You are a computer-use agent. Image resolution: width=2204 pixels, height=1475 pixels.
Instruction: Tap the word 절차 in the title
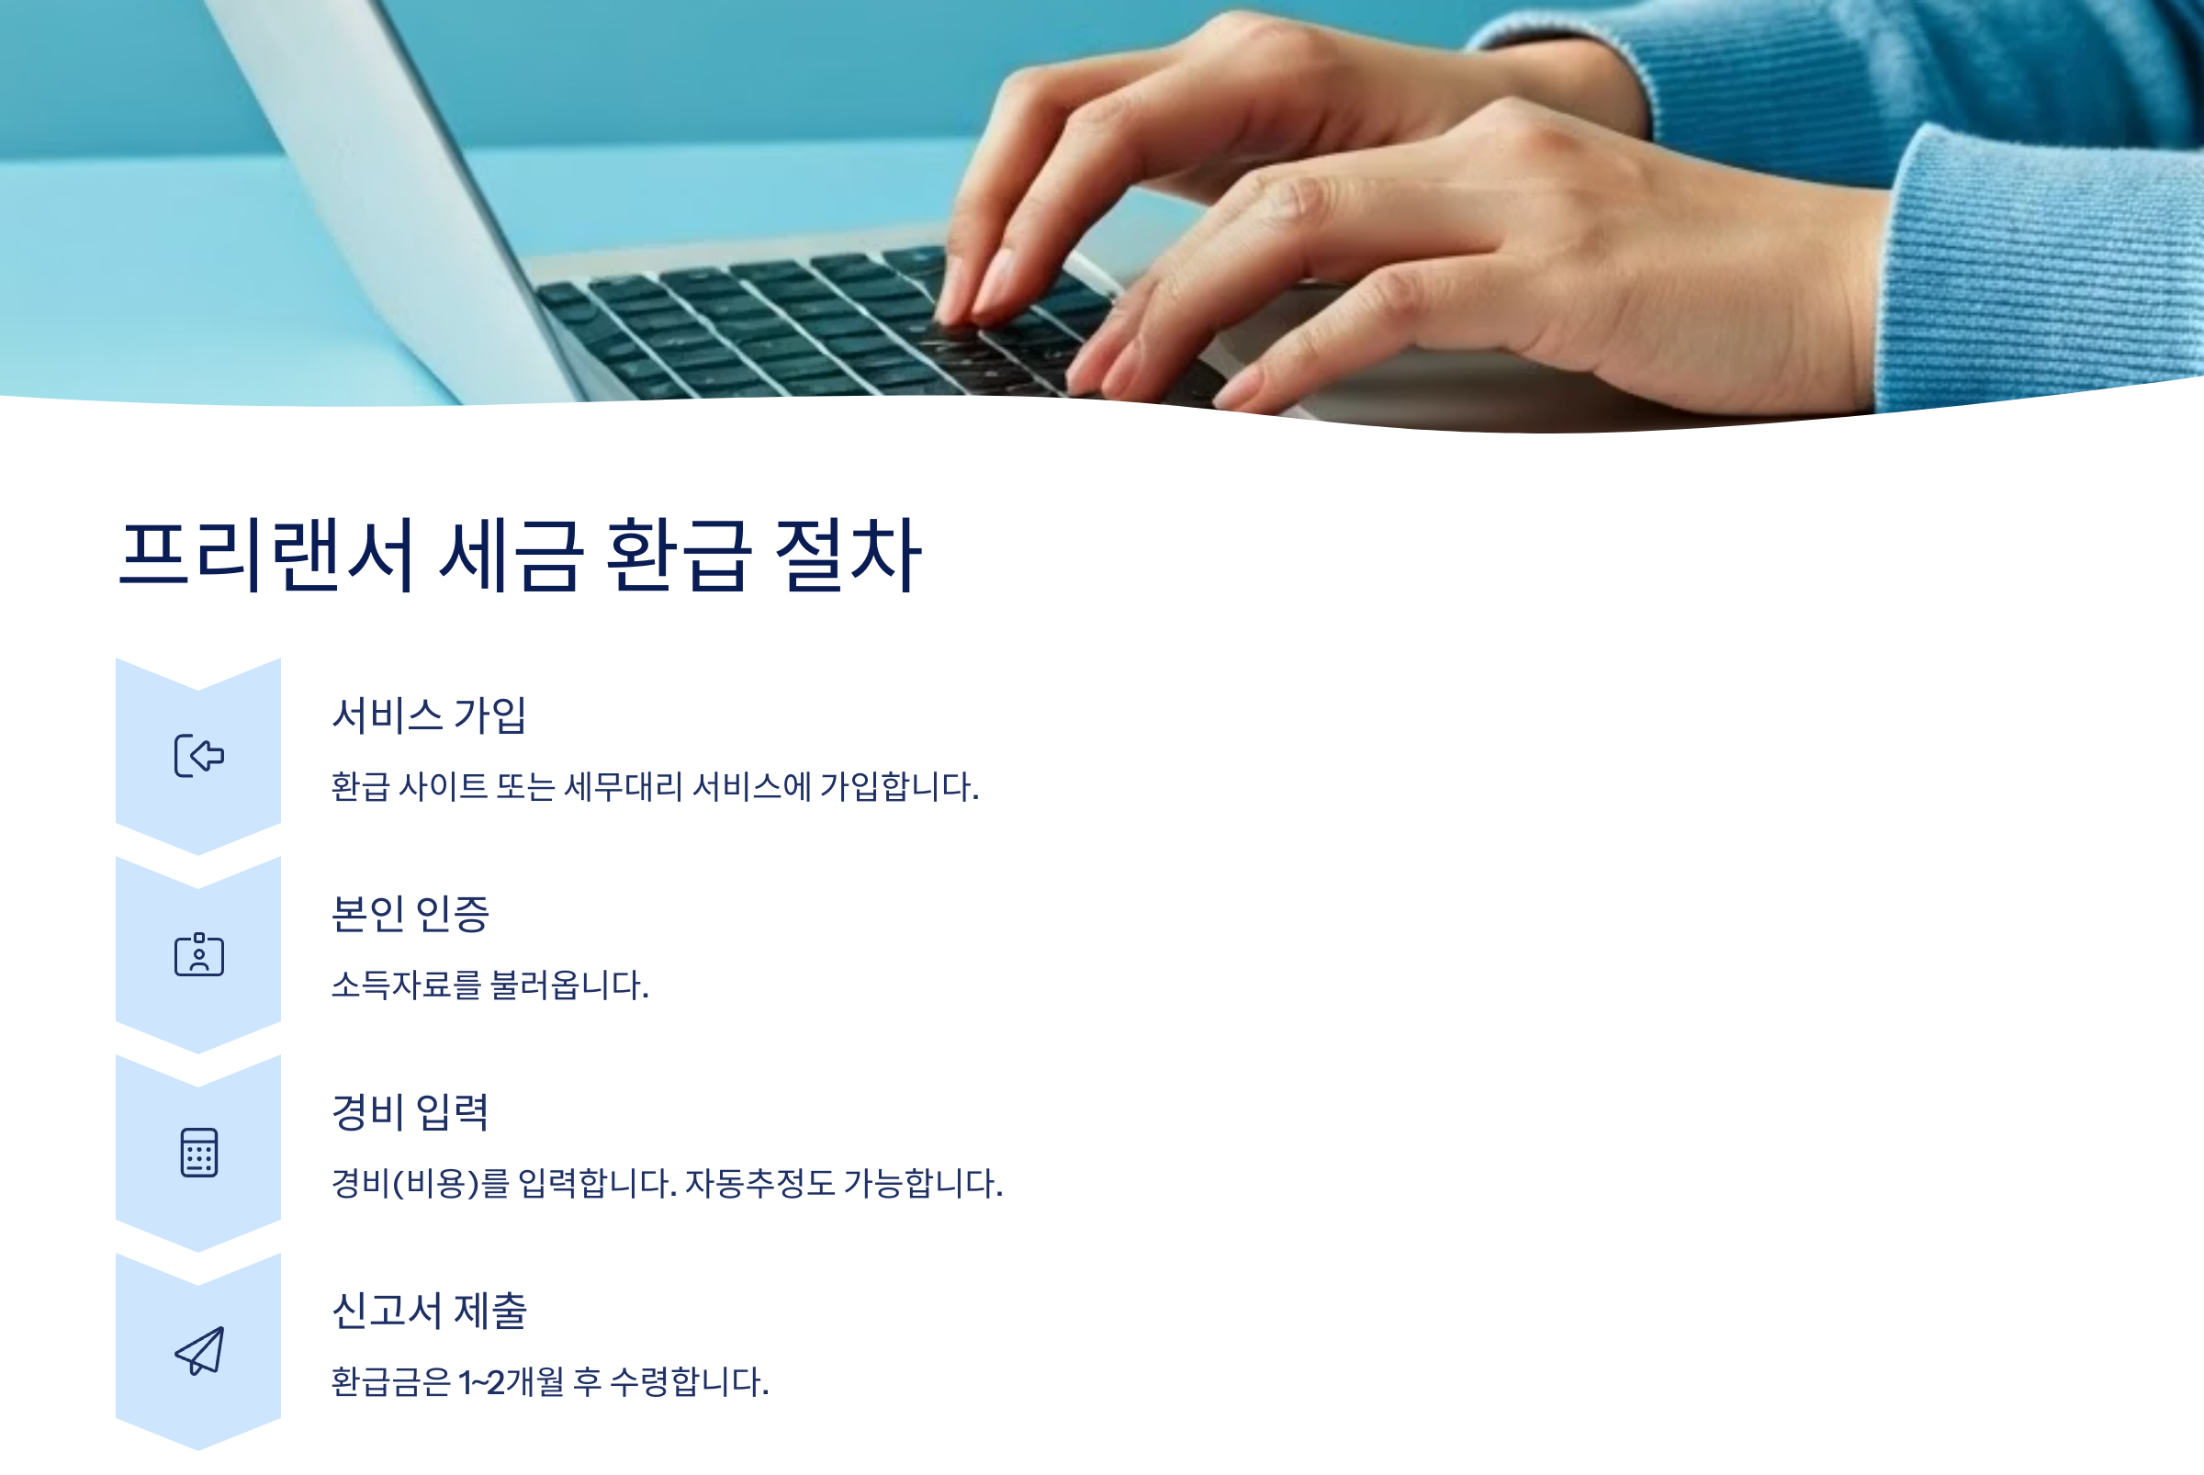pos(847,556)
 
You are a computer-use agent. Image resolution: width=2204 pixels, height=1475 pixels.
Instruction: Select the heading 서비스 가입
pos(429,715)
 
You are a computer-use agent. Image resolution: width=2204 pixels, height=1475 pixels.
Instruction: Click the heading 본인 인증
pos(410,915)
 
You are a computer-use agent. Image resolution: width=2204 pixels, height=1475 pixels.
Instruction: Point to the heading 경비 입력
pos(410,1113)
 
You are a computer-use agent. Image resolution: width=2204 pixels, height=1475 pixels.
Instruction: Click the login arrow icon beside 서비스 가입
pos(199,756)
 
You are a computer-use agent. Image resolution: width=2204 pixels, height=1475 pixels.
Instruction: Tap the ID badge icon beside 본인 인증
pos(199,955)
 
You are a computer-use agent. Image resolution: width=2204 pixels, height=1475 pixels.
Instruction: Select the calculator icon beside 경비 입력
pos(199,1154)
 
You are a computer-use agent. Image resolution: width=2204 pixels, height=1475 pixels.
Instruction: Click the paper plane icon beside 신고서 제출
pos(199,1352)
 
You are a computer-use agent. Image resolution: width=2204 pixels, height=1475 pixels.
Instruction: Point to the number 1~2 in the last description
pos(480,1383)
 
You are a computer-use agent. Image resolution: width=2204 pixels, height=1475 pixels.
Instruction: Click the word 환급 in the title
pos(679,556)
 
